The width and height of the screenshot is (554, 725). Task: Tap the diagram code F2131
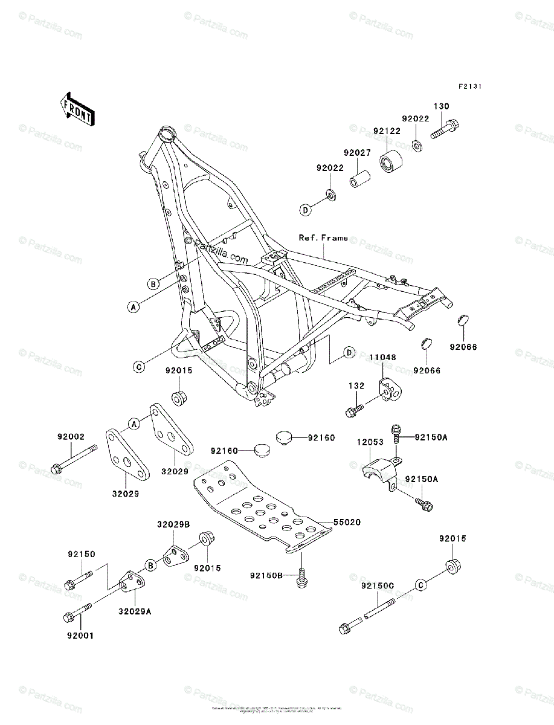coord(469,87)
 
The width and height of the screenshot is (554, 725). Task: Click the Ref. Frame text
coord(323,238)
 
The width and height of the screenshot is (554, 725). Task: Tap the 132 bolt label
coord(356,385)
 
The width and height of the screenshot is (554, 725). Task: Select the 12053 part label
coord(370,442)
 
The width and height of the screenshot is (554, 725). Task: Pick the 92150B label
coord(266,575)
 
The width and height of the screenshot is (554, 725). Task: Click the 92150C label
coord(378,585)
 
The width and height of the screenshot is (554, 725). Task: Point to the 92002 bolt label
coord(71,436)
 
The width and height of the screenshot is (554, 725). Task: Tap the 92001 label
coord(80,635)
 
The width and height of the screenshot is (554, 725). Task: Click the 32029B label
coord(174,524)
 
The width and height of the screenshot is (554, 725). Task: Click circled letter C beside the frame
coord(138,366)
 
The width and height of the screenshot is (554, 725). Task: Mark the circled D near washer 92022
coord(306,210)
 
